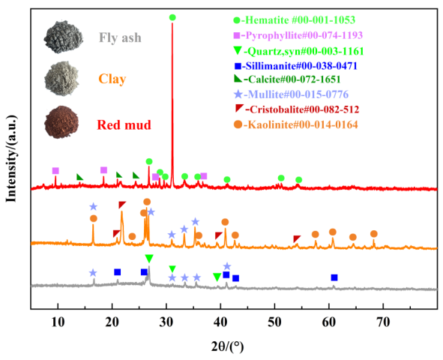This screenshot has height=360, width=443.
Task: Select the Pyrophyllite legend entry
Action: [x=307, y=36]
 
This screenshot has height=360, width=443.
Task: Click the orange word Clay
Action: [x=112, y=79]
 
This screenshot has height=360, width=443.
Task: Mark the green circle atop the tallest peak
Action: [x=172, y=17]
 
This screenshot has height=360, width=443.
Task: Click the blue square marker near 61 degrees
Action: [x=334, y=277]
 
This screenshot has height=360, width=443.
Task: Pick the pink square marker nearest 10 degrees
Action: [x=55, y=171]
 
